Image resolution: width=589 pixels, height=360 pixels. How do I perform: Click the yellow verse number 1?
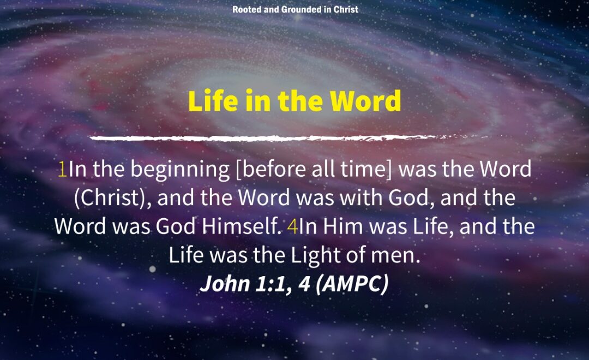click(x=62, y=170)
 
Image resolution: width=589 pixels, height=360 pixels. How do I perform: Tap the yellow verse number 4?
click(x=293, y=227)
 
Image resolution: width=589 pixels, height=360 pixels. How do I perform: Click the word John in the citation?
click(x=225, y=284)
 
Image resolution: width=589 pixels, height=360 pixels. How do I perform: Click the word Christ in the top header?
click(x=346, y=9)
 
